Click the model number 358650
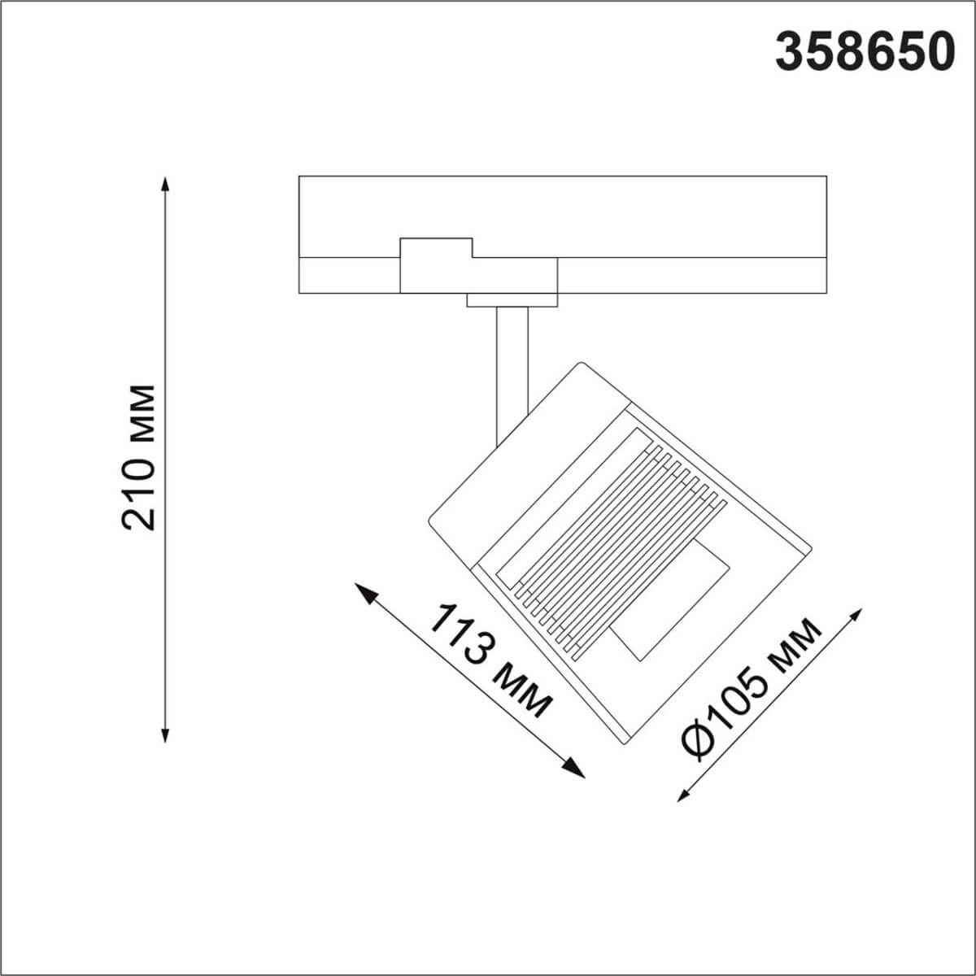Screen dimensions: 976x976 point(864,54)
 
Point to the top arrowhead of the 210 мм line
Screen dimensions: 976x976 point(165,183)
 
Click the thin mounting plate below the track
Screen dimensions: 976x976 point(512,300)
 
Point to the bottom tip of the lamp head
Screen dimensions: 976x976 point(622,739)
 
